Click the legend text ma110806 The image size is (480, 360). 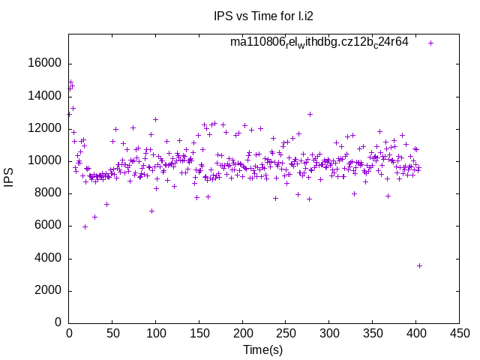click(319, 43)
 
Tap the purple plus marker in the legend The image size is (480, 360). click(430, 43)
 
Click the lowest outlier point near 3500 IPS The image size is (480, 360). click(419, 265)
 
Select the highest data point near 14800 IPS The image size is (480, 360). click(70, 82)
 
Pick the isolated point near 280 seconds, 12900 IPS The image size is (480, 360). click(310, 115)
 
